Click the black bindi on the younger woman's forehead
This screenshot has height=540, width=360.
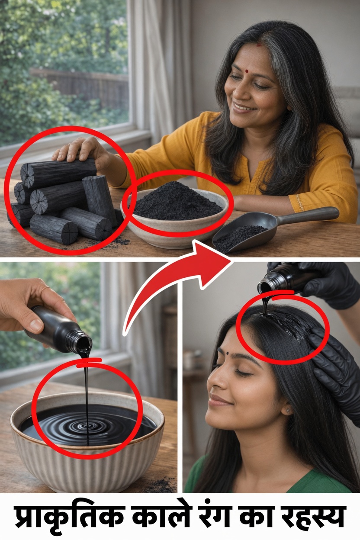(x=228, y=354)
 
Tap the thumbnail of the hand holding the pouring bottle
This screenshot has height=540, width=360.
(x=35, y=325)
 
